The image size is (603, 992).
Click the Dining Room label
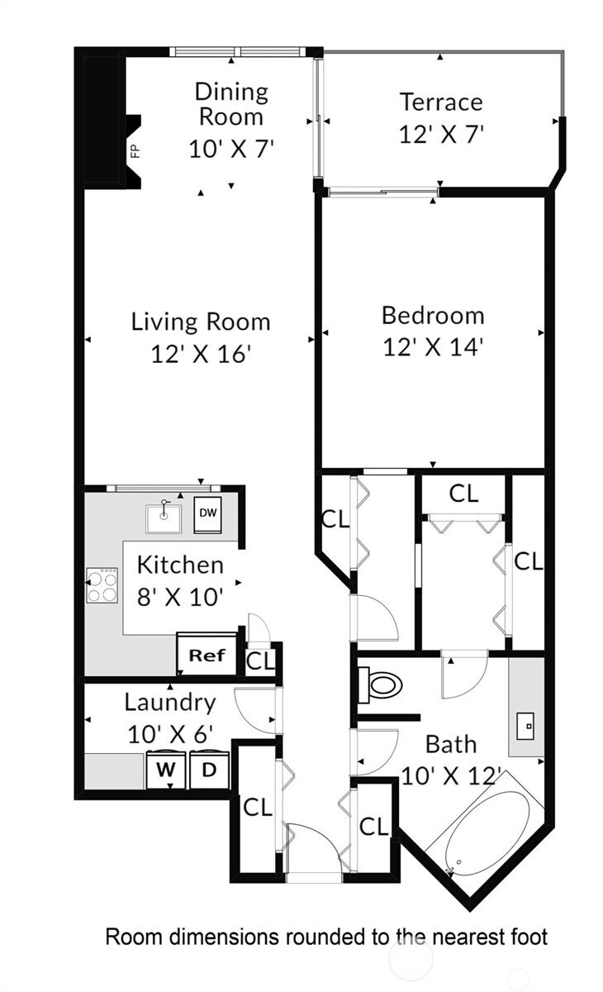coord(231,104)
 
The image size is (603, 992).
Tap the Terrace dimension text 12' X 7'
coord(441,134)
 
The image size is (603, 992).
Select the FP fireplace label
coord(135,151)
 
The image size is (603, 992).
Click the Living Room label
coord(201,322)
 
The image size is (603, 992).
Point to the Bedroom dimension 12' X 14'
coord(432,346)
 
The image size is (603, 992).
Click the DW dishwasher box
coord(208,514)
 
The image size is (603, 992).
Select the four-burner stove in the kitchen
coord(102,585)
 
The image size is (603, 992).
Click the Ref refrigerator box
coord(207,655)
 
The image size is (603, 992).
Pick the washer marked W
coord(166,770)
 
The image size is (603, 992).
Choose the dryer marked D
coord(209,770)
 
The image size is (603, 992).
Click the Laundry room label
coord(170,703)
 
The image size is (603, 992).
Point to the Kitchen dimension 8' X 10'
coord(179,597)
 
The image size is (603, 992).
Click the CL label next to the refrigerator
coord(260,661)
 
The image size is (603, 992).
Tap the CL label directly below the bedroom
coord(463,494)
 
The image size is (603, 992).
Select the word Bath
coord(451,744)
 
